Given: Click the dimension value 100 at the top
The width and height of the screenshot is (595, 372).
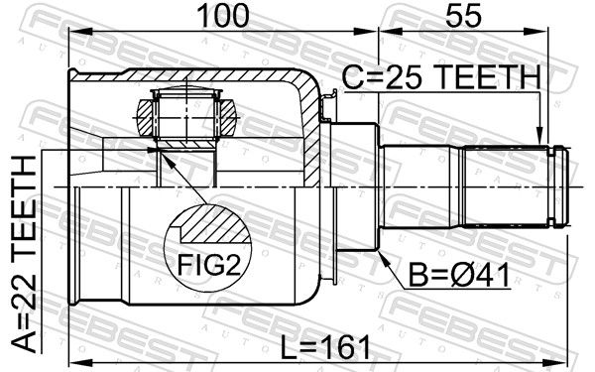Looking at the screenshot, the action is tap(223, 16).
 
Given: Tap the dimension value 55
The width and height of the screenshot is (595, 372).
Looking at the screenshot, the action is tap(463, 16).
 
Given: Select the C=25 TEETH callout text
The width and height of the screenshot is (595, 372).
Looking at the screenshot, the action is tap(441, 76).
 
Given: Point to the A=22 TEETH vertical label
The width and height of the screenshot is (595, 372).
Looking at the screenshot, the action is tap(24, 254).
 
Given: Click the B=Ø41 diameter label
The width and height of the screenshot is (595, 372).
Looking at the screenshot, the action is tap(459, 275).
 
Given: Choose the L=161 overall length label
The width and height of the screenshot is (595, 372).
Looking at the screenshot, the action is tap(325, 348).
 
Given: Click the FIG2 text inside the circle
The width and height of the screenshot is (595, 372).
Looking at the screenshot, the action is tap(209, 265).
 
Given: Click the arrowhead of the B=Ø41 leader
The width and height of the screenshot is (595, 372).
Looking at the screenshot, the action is tap(383, 258).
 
